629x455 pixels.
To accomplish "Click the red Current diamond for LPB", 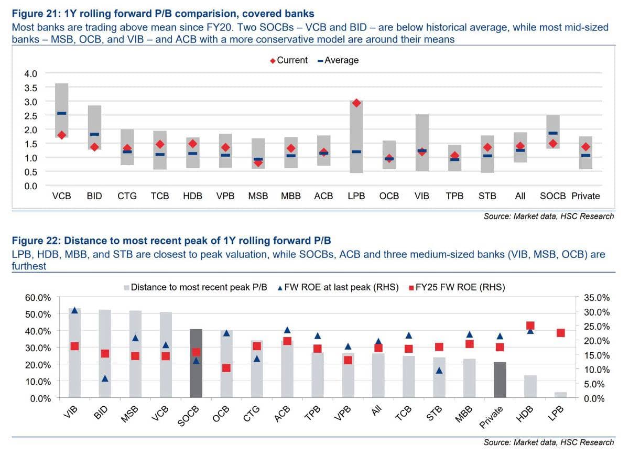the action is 356,103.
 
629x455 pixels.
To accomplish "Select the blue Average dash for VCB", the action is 62,113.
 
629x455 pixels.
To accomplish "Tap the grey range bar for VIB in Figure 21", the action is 422,143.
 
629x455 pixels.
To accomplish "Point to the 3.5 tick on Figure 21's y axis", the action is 30,88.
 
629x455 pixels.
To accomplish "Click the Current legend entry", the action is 289,60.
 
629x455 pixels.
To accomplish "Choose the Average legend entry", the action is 338,60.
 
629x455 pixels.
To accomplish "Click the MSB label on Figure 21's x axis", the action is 258,196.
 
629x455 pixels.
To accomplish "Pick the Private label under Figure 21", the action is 586,196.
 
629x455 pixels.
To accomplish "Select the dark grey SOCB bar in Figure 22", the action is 196,363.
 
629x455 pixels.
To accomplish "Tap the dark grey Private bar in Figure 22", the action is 500,380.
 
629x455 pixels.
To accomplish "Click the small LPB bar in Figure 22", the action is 561,395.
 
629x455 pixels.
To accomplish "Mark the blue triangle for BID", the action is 105,378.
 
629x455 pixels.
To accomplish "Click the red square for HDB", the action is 530,326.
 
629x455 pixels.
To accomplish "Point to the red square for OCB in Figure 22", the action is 226,368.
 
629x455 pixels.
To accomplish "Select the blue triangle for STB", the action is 439,371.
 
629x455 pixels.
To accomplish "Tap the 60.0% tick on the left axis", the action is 38,297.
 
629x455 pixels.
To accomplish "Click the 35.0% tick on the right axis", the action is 597,297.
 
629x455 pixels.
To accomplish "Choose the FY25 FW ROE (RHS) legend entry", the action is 457,287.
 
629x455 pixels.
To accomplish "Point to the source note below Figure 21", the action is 549,216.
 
